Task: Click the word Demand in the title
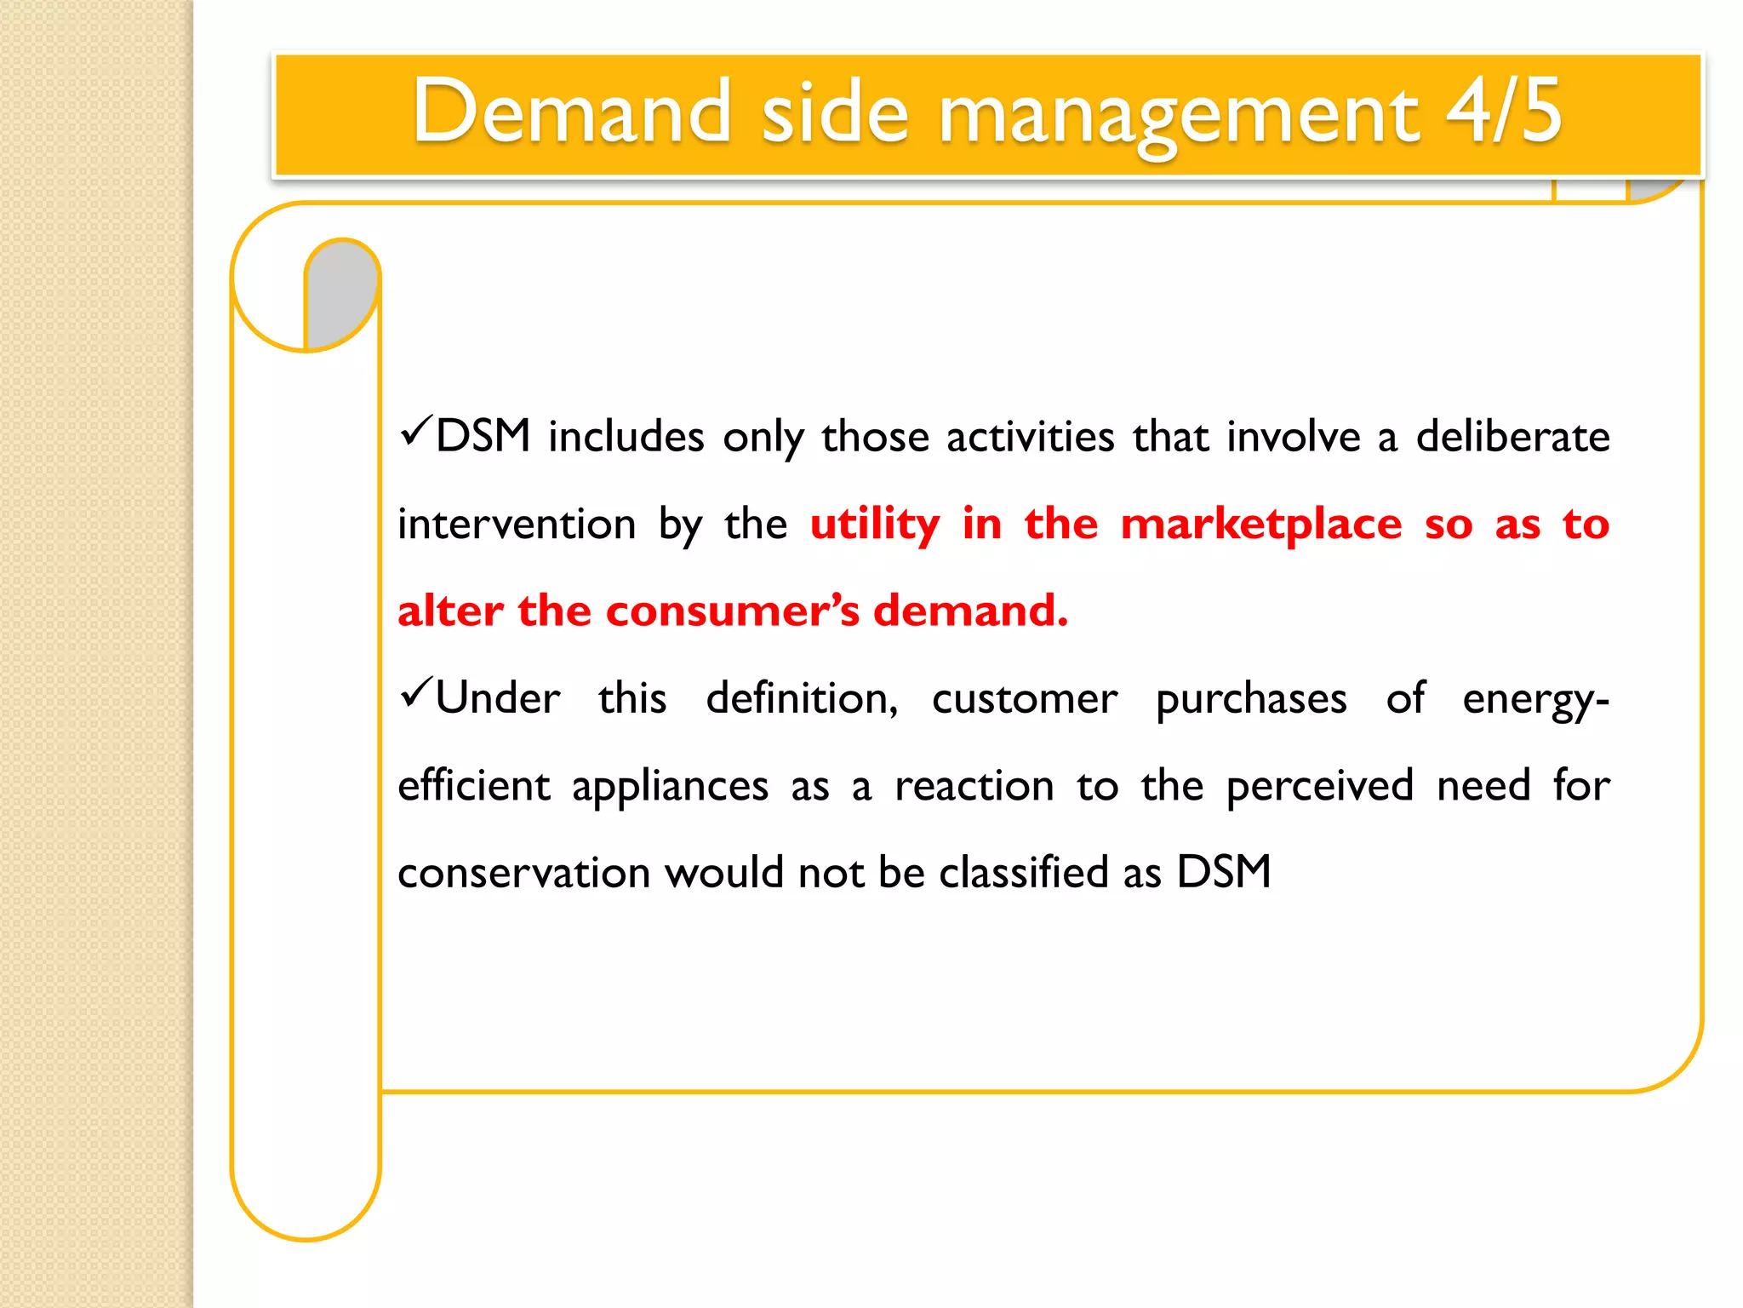[x=571, y=112]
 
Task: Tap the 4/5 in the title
[x=1504, y=112]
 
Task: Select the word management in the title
[x=1178, y=115]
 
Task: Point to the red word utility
[x=875, y=524]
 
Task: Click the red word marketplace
[x=1260, y=524]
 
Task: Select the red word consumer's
[x=732, y=611]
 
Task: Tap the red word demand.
[x=969, y=611]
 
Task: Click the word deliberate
[x=1512, y=436]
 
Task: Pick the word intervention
[x=517, y=524]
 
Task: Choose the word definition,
[x=802, y=698]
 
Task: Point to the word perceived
[x=1320, y=785]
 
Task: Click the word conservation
[x=523, y=873]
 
